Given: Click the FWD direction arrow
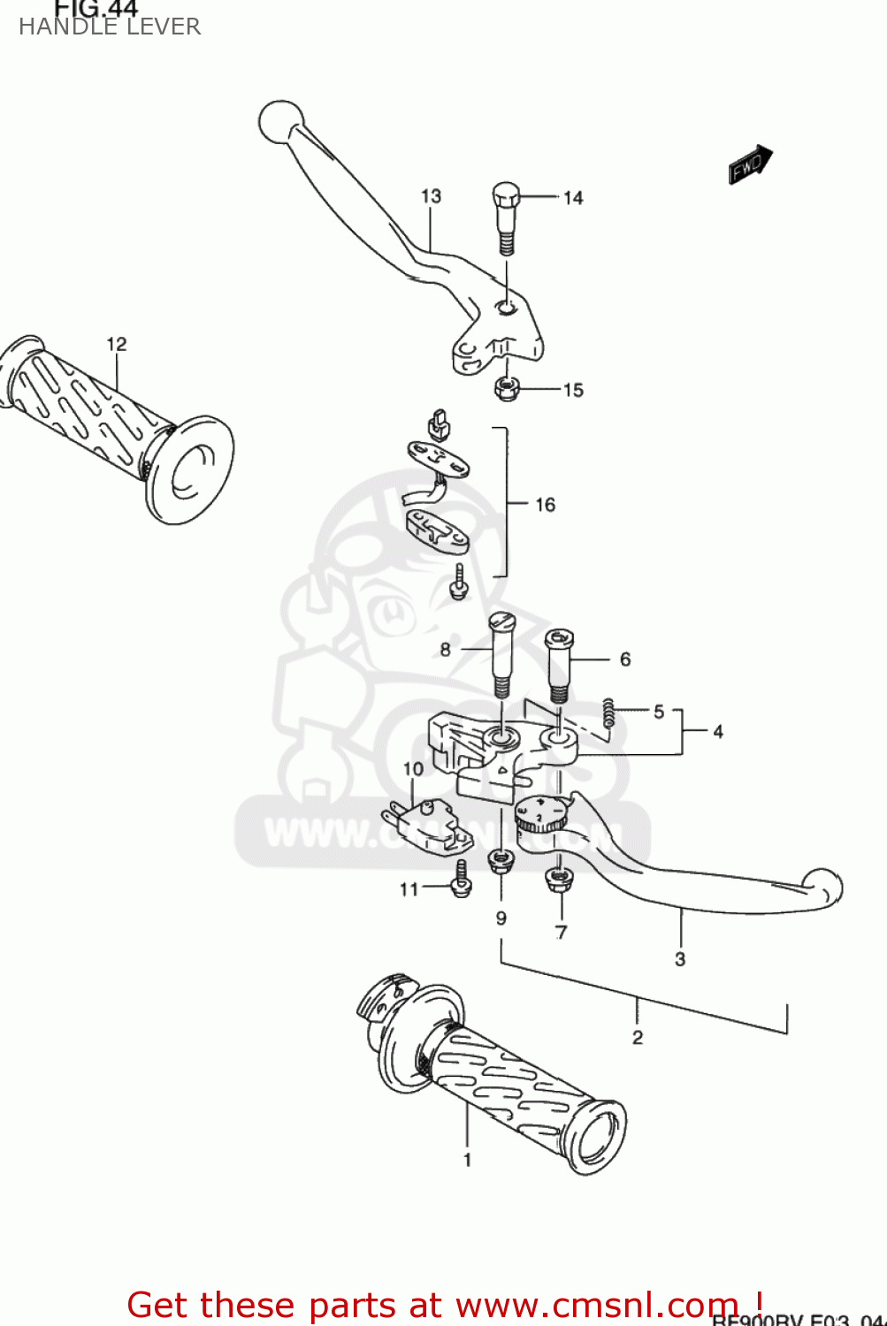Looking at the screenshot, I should pos(750,164).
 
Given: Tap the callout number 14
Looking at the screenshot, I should pos(573,198).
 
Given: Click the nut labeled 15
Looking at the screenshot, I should pos(506,387).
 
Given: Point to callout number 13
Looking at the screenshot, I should pos(431,196).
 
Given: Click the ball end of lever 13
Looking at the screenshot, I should pos(280,120).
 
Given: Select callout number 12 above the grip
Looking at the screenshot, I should pos(117,344).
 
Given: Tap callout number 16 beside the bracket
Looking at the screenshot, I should pos(545,505).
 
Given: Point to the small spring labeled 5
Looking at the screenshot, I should pos(608,713).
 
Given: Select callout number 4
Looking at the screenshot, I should pos(718,732).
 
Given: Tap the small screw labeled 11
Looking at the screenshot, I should pos(461,880).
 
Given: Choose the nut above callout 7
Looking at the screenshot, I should pos(560,878).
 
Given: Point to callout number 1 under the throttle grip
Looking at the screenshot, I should pos(467,1160).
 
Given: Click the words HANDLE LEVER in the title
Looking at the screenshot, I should pos(110,27).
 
